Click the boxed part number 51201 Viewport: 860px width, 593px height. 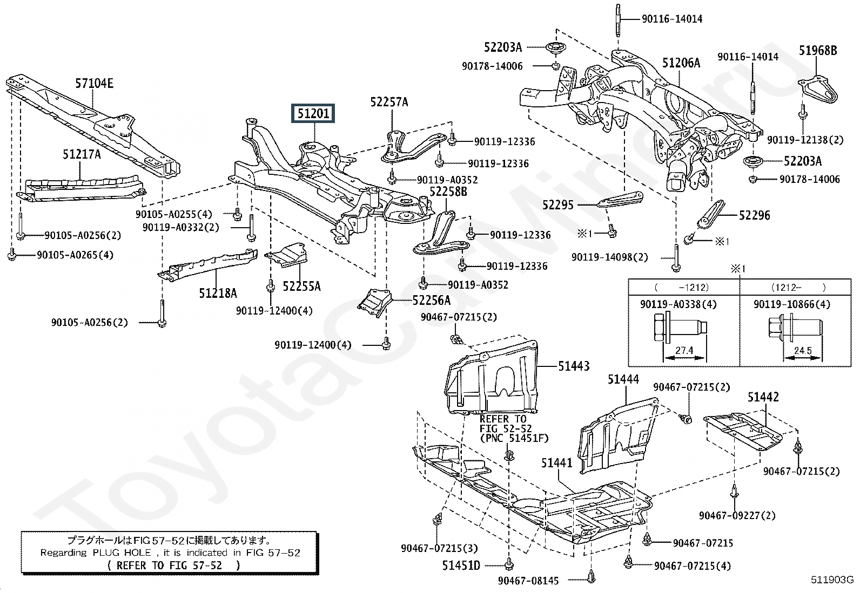(x=313, y=113)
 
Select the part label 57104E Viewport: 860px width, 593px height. (x=95, y=83)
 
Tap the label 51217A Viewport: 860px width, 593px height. (x=82, y=154)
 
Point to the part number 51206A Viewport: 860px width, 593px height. (x=681, y=63)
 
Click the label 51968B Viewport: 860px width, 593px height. (x=818, y=51)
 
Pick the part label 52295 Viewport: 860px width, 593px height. (x=558, y=205)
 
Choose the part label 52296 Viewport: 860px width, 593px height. (x=755, y=216)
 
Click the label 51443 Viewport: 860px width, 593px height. (x=574, y=366)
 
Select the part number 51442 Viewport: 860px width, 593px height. (x=763, y=397)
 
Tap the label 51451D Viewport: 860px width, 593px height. (x=461, y=565)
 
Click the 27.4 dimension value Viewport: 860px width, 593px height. (x=684, y=351)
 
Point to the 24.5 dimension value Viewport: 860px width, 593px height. (x=803, y=351)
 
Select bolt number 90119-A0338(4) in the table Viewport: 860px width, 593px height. (x=678, y=304)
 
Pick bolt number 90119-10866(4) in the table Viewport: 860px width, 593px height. (x=791, y=304)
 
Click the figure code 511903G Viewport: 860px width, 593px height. (x=832, y=580)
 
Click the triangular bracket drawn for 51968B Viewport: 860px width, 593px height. (x=818, y=90)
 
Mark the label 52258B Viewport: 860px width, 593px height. (x=448, y=192)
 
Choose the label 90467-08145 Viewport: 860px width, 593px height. (x=528, y=581)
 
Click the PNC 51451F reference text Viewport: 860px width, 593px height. (x=514, y=438)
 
